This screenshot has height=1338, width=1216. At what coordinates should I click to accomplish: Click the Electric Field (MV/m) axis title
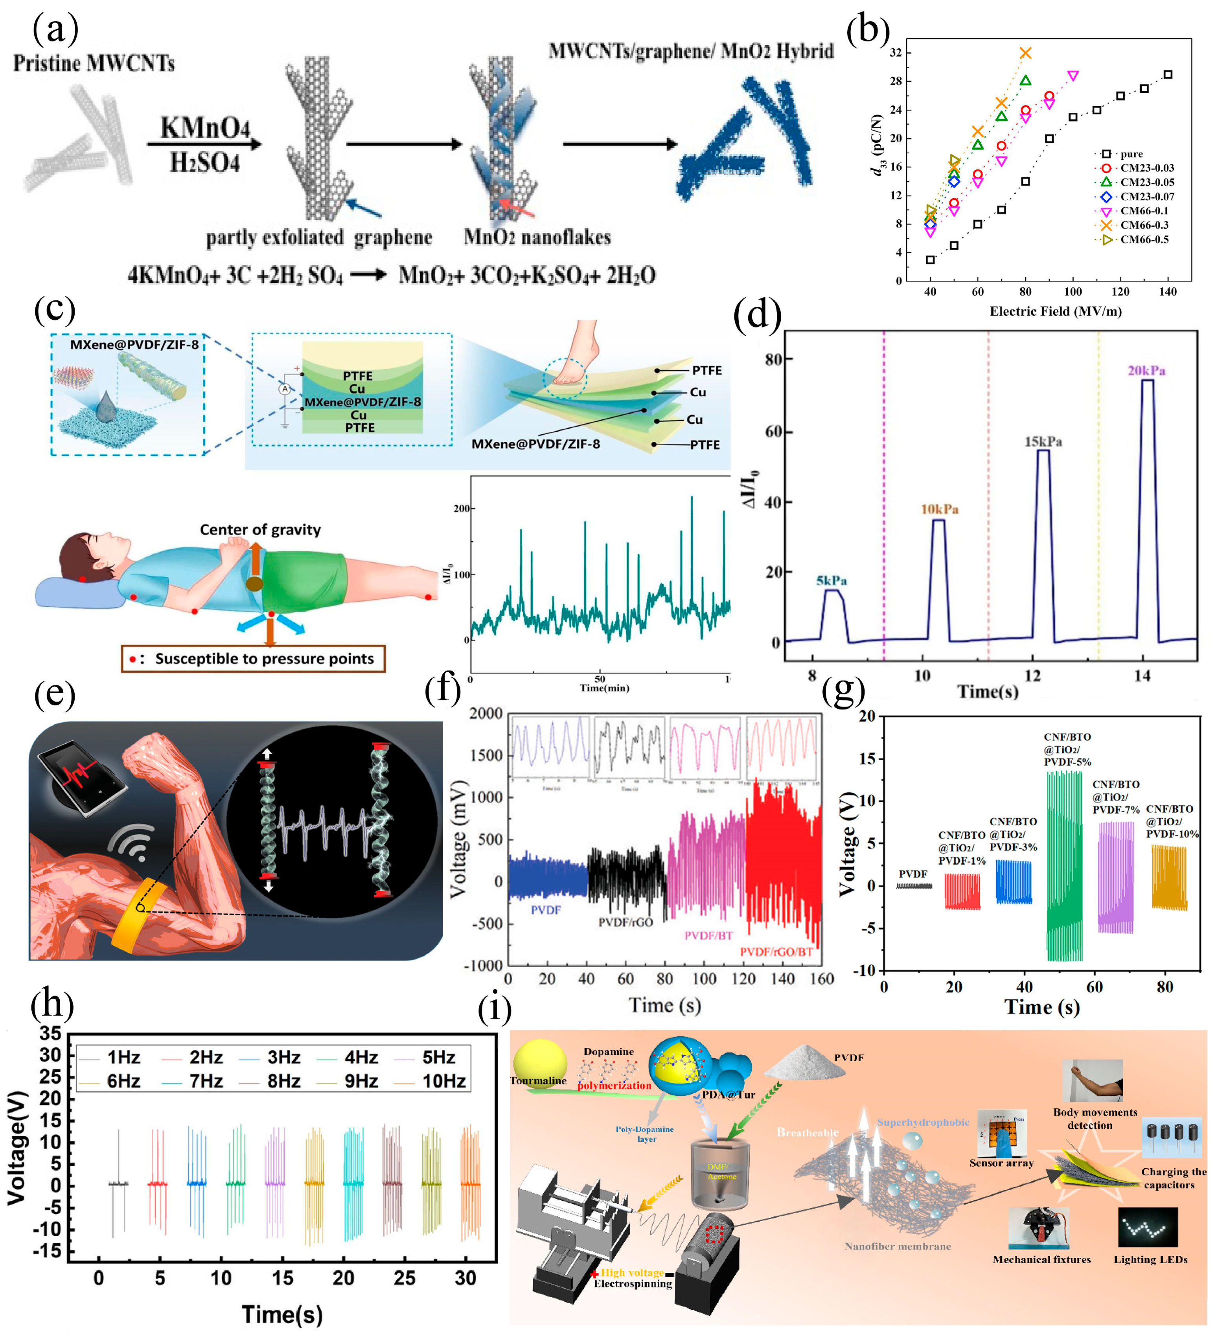tap(1055, 311)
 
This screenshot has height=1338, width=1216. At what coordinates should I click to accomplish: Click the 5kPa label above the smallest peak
tap(831, 581)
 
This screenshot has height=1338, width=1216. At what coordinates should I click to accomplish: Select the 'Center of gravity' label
tap(260, 530)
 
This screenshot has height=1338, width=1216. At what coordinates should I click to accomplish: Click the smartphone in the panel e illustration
tap(83, 775)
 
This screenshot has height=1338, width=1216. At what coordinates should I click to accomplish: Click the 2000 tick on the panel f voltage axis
tap(486, 714)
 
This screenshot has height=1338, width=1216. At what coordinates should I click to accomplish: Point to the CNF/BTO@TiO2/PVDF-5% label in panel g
tap(1067, 749)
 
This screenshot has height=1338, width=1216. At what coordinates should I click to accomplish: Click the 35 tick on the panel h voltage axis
tap(50, 1033)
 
